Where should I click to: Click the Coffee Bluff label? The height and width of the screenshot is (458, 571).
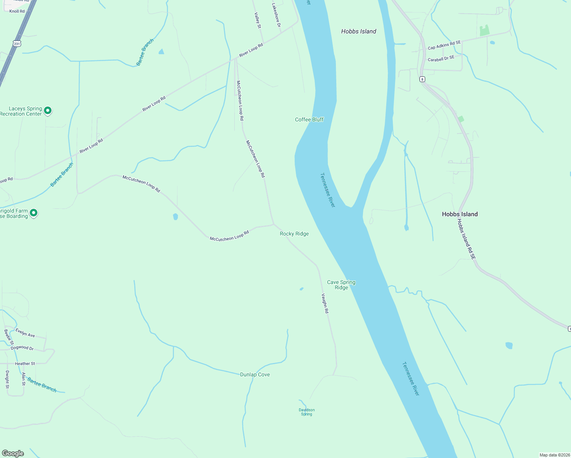pos(309,119)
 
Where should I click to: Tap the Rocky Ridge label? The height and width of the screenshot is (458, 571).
pos(294,234)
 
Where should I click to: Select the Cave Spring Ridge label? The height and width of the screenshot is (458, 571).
pos(341,285)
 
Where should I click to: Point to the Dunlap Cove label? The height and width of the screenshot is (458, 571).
pos(255,374)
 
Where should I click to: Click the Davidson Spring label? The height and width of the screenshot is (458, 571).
pos(306,412)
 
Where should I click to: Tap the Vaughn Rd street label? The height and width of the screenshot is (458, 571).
pos(325,303)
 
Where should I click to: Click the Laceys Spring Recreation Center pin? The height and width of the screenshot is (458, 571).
pos(48,110)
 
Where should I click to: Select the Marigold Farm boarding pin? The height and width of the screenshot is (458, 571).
pos(34,213)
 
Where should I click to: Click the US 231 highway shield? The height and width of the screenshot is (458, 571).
pos(17,44)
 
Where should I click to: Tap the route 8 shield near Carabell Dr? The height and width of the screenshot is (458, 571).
pos(422,79)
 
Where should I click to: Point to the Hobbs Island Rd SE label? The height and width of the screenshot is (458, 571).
pos(466,239)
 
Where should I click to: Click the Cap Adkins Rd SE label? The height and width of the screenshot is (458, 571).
pos(444,45)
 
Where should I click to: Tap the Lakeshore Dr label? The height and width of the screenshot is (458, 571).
pos(276,15)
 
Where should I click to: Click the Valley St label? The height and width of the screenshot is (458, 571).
pos(258,20)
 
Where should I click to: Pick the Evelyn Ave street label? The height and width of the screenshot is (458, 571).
pos(25,333)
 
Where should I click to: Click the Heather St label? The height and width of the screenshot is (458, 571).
pos(25,364)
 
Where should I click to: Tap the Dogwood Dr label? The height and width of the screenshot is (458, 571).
pos(22,348)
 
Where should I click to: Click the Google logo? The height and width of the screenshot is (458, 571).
pos(13,453)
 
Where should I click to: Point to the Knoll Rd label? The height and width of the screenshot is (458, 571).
pos(17,11)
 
